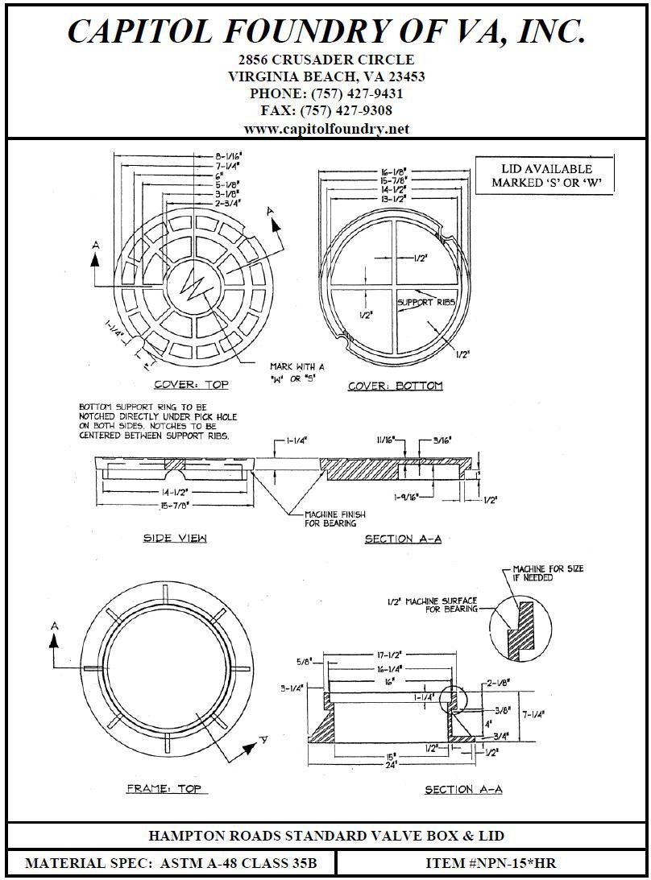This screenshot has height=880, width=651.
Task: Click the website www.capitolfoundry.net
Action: point(326,129)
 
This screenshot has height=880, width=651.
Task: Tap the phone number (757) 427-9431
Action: point(326,94)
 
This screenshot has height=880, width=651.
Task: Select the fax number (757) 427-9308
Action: point(326,111)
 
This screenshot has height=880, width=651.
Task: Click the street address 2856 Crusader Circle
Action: point(326,60)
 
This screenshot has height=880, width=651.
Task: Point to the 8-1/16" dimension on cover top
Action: point(233,156)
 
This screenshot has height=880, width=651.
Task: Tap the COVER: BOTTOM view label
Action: point(395,386)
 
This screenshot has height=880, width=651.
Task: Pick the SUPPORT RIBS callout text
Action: point(426,301)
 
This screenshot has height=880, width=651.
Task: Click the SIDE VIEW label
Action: point(175,538)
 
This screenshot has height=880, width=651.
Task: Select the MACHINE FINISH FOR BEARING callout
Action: point(330,518)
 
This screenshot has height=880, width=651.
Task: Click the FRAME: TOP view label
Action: point(164,788)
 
